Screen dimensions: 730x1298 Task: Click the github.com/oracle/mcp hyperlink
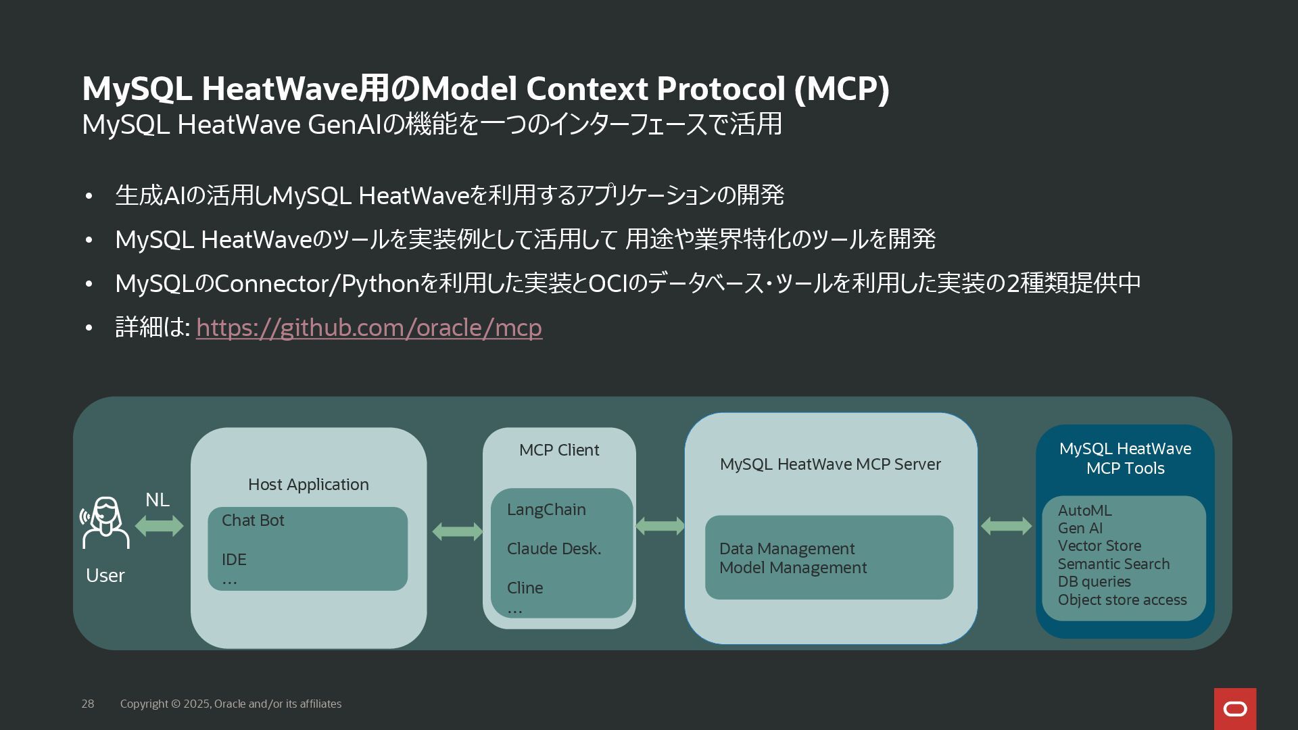(x=369, y=328)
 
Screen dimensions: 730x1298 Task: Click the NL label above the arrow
(x=157, y=500)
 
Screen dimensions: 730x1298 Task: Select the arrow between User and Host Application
(x=160, y=526)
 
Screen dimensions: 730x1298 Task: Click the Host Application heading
(x=308, y=485)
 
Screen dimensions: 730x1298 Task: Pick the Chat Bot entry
(x=253, y=520)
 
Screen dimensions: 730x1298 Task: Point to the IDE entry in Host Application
(x=234, y=560)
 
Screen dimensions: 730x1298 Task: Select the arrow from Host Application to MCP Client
(x=458, y=532)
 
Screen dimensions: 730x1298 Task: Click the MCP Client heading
(x=559, y=450)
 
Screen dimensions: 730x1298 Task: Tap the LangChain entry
(x=546, y=510)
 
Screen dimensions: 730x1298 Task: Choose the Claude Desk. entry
(x=554, y=549)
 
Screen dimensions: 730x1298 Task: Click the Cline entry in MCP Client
(x=525, y=588)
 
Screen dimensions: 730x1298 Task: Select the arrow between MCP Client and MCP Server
(x=660, y=526)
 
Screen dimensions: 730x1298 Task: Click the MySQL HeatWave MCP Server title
(x=830, y=464)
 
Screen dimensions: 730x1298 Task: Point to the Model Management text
(x=793, y=568)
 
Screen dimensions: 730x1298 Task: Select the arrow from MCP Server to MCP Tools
(x=1006, y=526)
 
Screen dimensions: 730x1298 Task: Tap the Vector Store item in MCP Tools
(x=1099, y=546)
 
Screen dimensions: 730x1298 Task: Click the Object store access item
(x=1122, y=600)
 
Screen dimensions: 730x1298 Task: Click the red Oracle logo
(x=1235, y=708)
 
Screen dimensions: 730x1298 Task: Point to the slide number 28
(x=88, y=704)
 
